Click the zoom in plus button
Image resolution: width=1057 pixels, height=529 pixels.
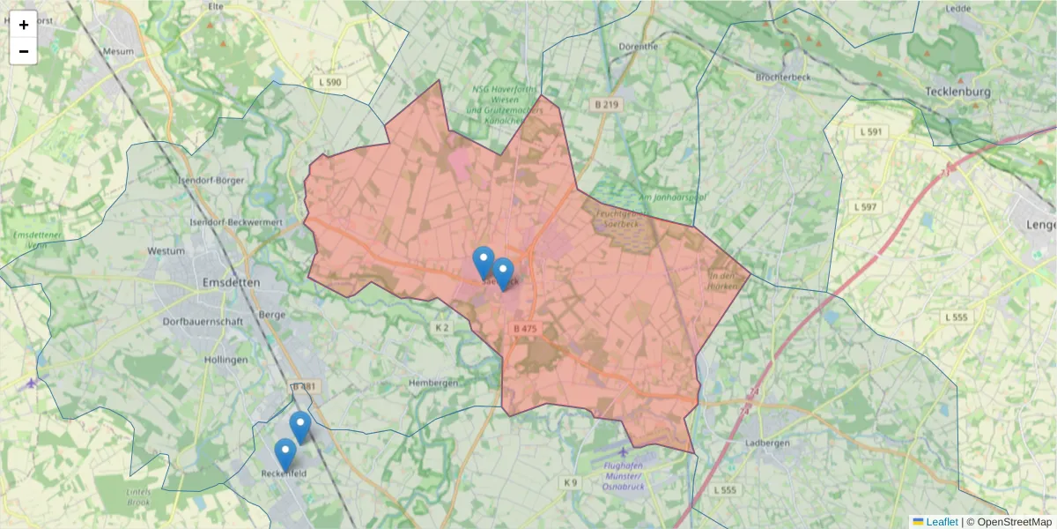[24, 25]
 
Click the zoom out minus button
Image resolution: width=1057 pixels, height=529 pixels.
[24, 51]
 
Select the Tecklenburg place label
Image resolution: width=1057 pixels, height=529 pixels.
[958, 92]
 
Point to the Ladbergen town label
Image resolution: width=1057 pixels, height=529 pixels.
[766, 443]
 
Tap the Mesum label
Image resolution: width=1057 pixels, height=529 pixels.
[118, 51]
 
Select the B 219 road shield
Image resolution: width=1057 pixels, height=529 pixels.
[606, 104]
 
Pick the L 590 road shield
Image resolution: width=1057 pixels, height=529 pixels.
[329, 82]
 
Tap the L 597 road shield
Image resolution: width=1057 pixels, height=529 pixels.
[865, 206]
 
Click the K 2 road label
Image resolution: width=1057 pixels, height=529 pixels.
[442, 328]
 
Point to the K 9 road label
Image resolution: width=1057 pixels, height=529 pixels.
[571, 482]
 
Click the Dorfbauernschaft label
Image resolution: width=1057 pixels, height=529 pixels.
[203, 322]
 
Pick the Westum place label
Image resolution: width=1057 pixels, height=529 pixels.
[166, 251]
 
